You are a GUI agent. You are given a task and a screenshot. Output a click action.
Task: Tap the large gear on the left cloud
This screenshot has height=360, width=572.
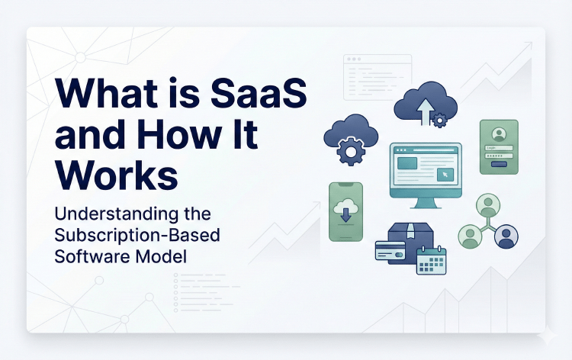[x=350, y=153]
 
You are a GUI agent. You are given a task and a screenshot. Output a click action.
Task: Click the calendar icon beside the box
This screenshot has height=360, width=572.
[x=431, y=262]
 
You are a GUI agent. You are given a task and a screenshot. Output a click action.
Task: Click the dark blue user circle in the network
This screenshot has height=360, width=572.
[x=506, y=237]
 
